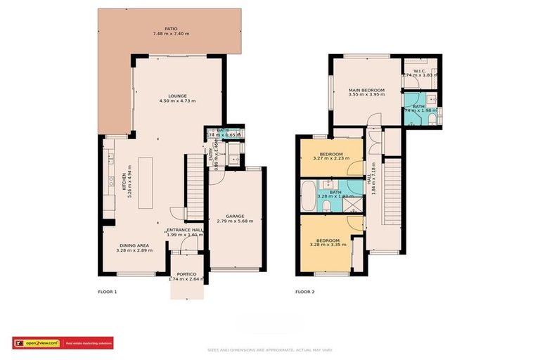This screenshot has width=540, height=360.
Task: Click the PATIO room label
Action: (x=171, y=28)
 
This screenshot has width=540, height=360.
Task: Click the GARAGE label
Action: (x=234, y=216)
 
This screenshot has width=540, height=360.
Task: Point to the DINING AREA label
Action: (x=131, y=243)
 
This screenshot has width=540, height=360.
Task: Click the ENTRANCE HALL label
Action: (x=185, y=230)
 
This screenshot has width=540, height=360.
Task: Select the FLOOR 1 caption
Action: (x=107, y=291)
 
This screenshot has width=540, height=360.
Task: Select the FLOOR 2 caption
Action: (x=304, y=291)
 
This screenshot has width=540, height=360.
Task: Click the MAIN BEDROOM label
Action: (x=366, y=90)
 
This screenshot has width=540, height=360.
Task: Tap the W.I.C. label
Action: (x=420, y=70)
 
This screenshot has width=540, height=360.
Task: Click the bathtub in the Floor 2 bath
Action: (x=309, y=196)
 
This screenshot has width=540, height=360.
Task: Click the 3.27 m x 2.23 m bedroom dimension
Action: (x=331, y=158)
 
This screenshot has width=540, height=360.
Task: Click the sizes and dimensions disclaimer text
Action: (x=270, y=349)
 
